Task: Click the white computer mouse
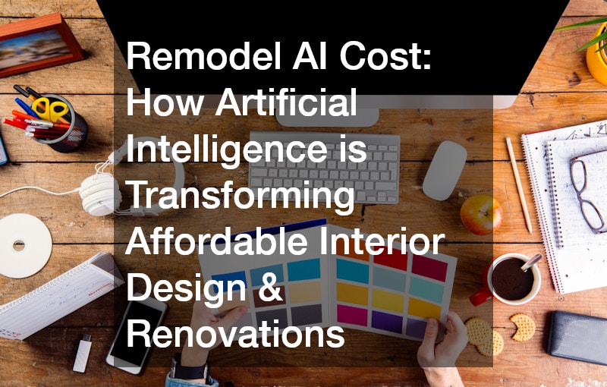pyautogui.click(x=444, y=170)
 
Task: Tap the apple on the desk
pyautogui.click(x=481, y=215)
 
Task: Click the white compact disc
pyautogui.click(x=24, y=246)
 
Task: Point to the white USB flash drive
pyautogui.click(x=83, y=354)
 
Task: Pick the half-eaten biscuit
pyautogui.click(x=523, y=327)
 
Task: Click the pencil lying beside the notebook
pyautogui.click(x=519, y=186)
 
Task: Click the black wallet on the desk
pyautogui.click(x=577, y=338)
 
